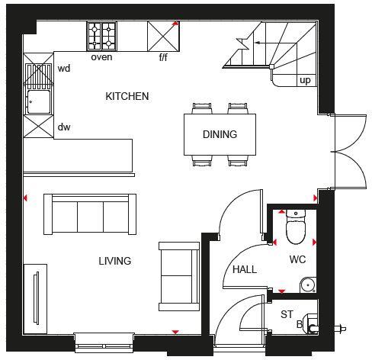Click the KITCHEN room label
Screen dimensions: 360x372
127,97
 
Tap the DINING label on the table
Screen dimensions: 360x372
220,134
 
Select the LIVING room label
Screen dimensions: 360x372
114,261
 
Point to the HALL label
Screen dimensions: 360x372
245,269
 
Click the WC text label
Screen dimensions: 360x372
297,259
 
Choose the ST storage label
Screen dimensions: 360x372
287,313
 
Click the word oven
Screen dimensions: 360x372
101,57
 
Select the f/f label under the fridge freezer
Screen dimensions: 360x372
163,57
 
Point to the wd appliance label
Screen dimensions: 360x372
64,69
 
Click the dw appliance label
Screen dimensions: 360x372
64,127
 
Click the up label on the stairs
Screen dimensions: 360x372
305,80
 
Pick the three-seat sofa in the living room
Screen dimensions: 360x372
90,214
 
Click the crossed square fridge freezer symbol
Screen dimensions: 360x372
162,35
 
